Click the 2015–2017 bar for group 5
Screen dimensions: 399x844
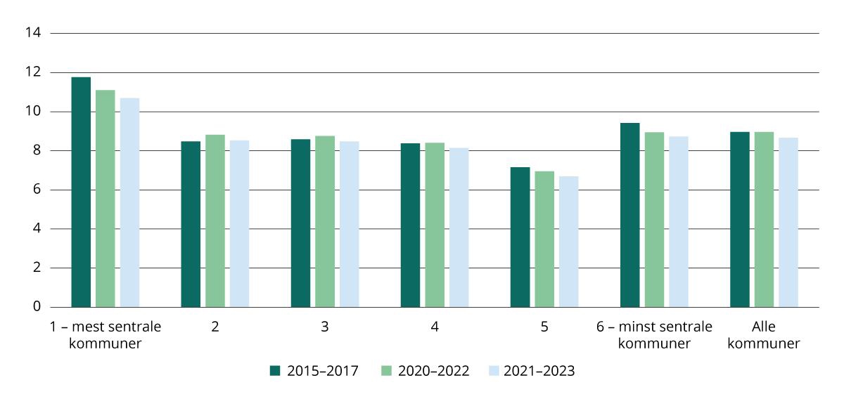click(x=520, y=237)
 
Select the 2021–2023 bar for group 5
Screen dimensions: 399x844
click(x=568, y=242)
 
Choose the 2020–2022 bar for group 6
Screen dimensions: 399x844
click(x=654, y=219)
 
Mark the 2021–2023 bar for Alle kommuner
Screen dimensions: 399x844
click(x=788, y=222)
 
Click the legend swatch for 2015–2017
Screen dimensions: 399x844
click(x=275, y=370)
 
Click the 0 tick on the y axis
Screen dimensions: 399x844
click(x=37, y=307)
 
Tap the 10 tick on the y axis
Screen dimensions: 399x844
click(x=34, y=112)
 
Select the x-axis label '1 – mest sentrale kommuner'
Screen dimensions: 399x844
click(x=105, y=335)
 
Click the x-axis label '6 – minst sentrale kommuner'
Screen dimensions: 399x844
click(x=654, y=335)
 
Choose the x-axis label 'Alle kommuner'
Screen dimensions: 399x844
click(x=764, y=335)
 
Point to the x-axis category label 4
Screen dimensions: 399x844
click(x=435, y=327)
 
